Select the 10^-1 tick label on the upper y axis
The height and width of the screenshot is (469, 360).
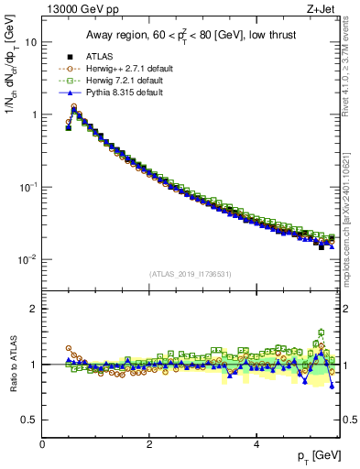(x=28, y=187)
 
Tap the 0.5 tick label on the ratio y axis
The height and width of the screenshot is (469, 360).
(x=29, y=420)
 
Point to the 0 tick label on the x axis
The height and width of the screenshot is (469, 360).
(x=43, y=444)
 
